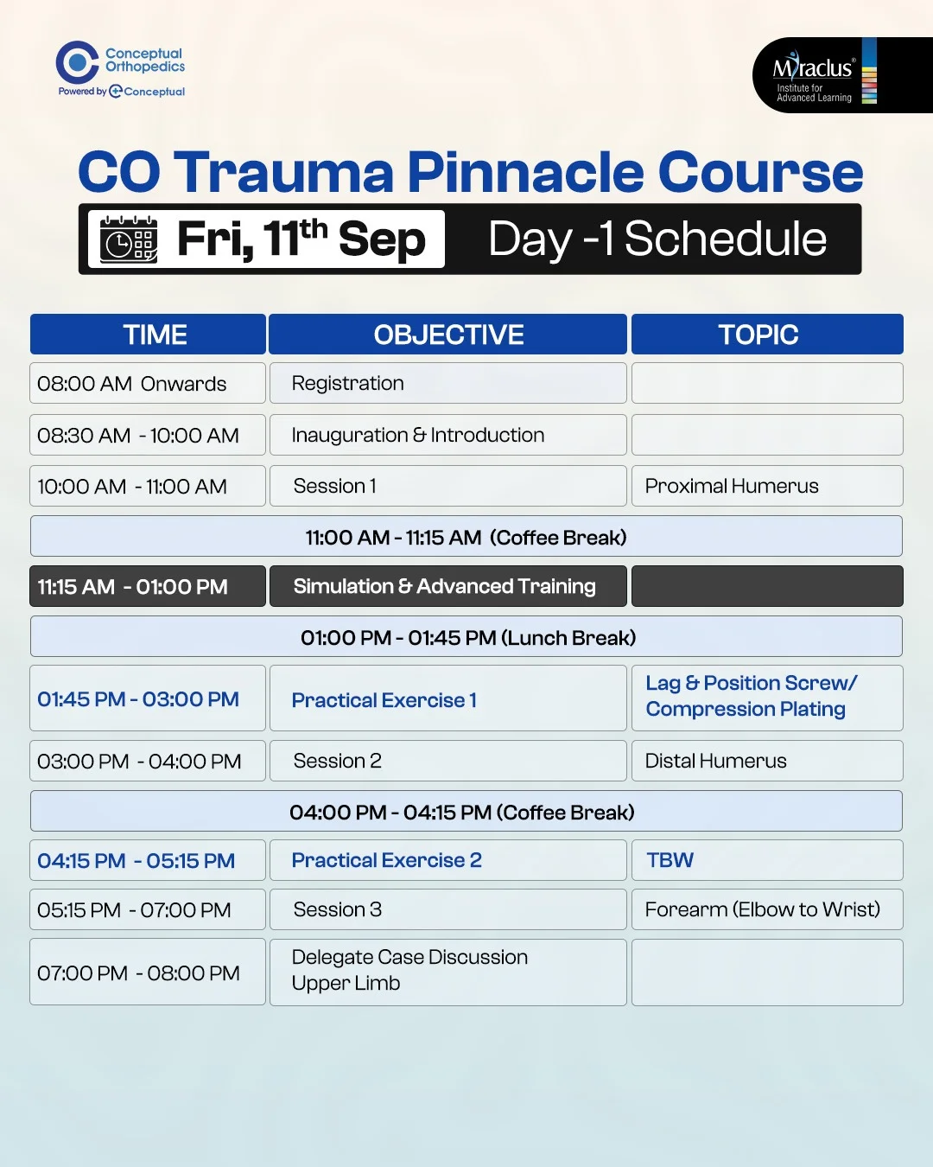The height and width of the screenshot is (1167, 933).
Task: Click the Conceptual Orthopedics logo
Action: (x=120, y=69)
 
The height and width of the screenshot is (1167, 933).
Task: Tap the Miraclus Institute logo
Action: (x=842, y=75)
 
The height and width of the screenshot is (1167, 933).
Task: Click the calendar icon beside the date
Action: (x=129, y=239)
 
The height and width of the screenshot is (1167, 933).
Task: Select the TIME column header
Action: (x=148, y=334)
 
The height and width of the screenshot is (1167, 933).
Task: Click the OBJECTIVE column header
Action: (x=447, y=334)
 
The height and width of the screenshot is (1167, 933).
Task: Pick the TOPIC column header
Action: (x=767, y=334)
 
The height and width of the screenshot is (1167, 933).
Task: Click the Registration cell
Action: (x=447, y=383)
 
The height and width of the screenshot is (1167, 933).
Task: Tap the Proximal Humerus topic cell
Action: (x=767, y=486)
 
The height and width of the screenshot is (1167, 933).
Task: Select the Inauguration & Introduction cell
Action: (x=447, y=435)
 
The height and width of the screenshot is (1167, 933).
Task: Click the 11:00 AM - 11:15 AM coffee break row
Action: (x=466, y=536)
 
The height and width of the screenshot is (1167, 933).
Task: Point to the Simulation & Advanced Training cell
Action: (x=447, y=586)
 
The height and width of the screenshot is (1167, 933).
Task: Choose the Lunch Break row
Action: (x=466, y=636)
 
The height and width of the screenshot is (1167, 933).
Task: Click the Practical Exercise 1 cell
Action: (x=447, y=698)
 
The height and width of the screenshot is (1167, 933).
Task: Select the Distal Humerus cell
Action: (x=767, y=761)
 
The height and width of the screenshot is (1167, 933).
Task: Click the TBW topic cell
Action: (x=767, y=860)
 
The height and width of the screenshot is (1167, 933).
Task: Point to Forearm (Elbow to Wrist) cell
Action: (x=767, y=909)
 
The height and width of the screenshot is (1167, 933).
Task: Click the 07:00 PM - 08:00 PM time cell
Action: (x=148, y=972)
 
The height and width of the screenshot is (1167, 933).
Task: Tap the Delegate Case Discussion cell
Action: (x=447, y=972)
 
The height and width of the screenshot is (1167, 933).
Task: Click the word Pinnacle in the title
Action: (x=525, y=172)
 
